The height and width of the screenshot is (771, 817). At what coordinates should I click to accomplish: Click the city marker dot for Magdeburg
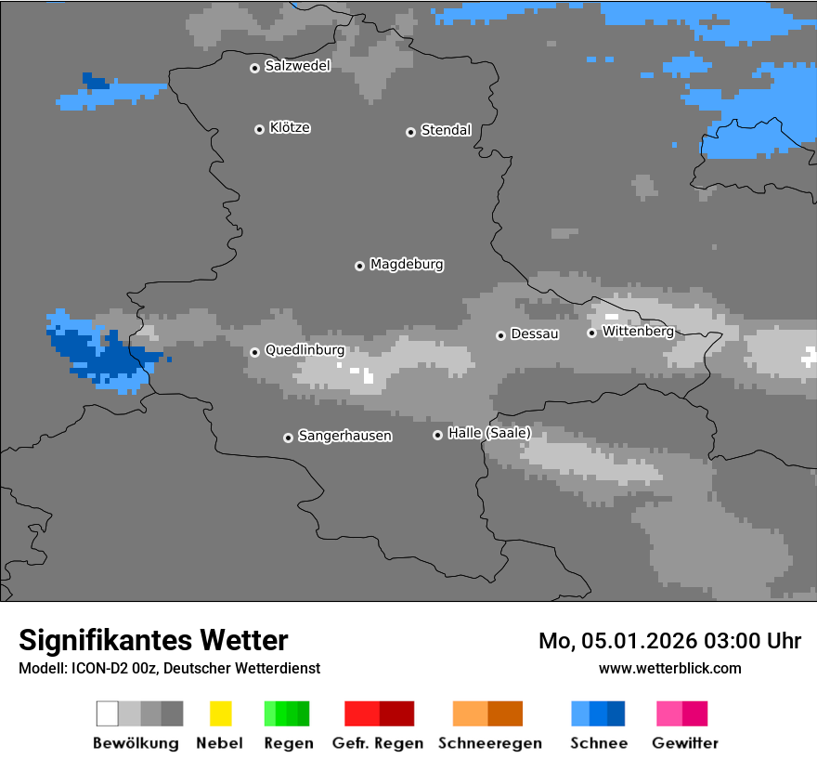click(x=359, y=266)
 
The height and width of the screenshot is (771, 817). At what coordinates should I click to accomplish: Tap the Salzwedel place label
click(x=297, y=66)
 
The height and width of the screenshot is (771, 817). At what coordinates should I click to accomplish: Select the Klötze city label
click(x=290, y=127)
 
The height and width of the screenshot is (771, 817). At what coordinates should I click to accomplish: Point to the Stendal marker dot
click(x=410, y=132)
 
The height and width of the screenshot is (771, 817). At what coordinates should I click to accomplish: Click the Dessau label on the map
click(x=535, y=333)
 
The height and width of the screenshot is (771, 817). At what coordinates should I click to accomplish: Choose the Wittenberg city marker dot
click(x=591, y=333)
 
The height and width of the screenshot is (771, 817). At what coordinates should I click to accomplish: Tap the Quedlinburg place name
click(x=305, y=350)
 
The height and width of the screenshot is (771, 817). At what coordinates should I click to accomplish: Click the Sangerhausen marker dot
click(x=288, y=438)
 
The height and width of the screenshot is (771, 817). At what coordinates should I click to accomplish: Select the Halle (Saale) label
click(x=489, y=433)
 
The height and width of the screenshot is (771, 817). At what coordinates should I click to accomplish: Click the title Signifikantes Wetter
click(x=153, y=640)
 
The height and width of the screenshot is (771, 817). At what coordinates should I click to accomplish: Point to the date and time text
click(x=669, y=641)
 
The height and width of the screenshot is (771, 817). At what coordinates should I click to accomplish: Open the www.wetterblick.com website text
click(x=669, y=668)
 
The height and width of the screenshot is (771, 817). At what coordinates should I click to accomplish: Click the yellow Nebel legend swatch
click(x=220, y=713)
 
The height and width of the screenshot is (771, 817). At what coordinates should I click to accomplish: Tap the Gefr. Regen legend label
click(x=378, y=743)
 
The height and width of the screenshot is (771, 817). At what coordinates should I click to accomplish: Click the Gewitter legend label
click(x=685, y=743)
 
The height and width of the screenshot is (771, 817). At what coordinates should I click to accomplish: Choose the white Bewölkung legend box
click(x=107, y=713)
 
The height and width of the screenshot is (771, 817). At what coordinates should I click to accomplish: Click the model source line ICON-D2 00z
click(x=169, y=668)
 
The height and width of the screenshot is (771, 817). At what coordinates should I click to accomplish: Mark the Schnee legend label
click(x=599, y=743)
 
